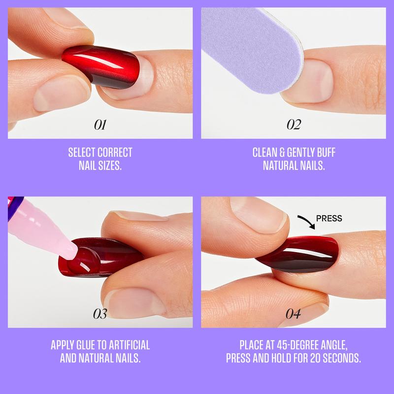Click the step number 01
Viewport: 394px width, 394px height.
100,125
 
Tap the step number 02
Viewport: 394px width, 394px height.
294,125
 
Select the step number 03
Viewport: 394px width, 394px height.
100,314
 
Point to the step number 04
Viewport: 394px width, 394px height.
294,314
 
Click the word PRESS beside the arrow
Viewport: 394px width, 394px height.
329,218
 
